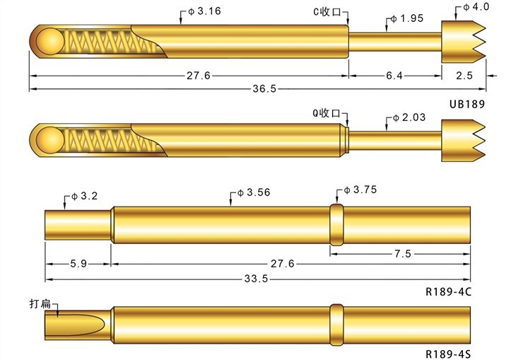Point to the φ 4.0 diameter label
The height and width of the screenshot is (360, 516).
tap(476, 6)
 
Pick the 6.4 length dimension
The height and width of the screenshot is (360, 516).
tap(394, 76)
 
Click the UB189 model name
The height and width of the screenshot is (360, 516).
tap(468, 103)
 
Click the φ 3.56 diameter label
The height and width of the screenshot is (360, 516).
tap(251, 192)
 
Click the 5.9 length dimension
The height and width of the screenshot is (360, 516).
tap(79, 264)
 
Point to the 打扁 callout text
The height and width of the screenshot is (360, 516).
tap(42, 304)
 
